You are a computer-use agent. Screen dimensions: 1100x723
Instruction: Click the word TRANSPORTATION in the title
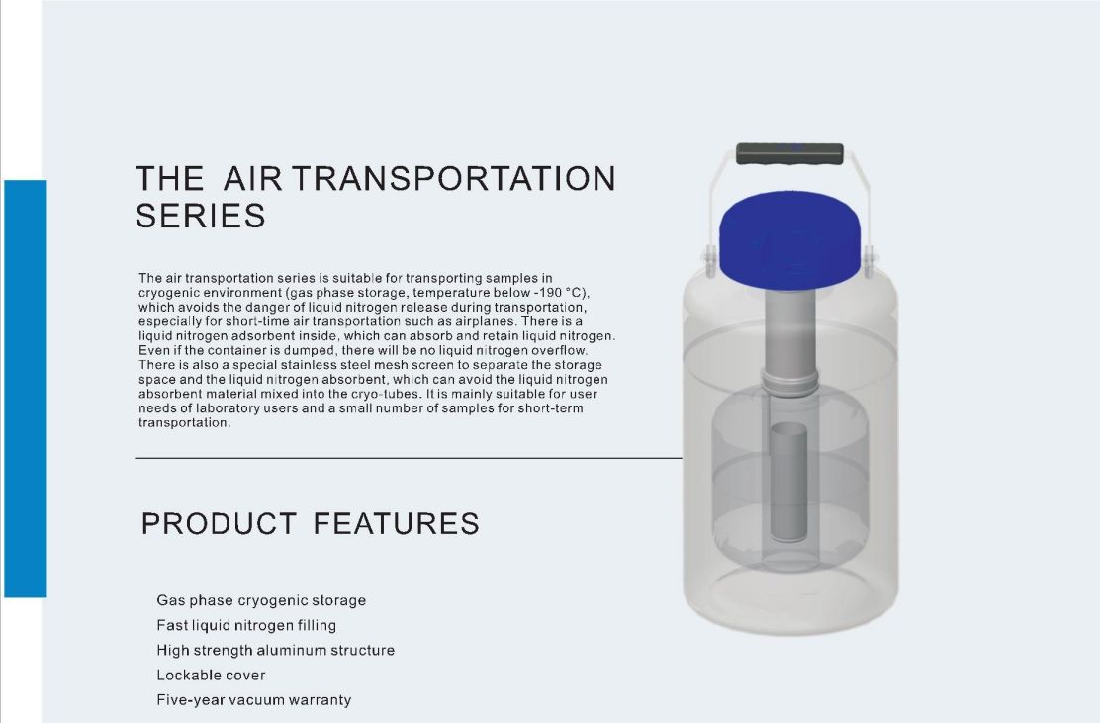(454, 178)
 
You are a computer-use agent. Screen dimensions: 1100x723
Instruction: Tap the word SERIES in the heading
(201, 216)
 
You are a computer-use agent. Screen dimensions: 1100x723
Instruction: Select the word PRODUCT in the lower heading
(219, 524)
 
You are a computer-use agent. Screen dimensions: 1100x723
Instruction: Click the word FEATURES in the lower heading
(397, 524)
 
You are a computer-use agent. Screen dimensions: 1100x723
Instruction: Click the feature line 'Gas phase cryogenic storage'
(261, 601)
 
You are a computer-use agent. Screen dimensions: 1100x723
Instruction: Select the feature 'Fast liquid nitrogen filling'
(246, 625)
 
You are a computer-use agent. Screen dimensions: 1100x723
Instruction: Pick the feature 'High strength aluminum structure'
(276, 650)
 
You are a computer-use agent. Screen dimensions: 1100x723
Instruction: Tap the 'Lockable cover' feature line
(211, 676)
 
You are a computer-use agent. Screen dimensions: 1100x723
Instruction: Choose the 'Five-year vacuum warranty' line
(254, 700)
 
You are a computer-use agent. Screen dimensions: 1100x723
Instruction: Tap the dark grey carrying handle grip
(790, 153)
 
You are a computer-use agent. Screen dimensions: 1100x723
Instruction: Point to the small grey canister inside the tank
(788, 482)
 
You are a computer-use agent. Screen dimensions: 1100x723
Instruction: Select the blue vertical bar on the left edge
(26, 389)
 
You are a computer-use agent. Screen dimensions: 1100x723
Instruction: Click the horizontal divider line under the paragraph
(409, 458)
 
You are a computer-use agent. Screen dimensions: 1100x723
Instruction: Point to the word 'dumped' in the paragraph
(310, 351)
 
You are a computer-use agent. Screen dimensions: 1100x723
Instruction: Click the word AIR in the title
(252, 178)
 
